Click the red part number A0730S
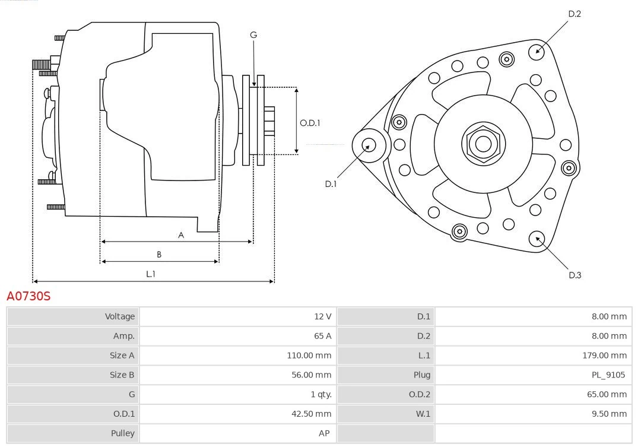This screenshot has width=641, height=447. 28,296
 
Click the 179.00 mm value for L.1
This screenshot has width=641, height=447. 604,356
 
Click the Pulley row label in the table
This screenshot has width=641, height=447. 123,433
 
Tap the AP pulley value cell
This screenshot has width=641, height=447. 324,433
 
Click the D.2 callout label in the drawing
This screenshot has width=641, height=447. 574,14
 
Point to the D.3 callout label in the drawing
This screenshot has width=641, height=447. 575,275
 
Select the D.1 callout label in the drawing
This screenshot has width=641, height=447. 331,184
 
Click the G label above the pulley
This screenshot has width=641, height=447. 253,35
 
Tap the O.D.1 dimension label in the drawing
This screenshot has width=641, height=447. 310,123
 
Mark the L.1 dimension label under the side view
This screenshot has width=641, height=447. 151,274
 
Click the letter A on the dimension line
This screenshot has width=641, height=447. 181,235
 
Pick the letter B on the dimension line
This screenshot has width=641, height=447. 159,255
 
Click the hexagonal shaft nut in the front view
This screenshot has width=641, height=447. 483,144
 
